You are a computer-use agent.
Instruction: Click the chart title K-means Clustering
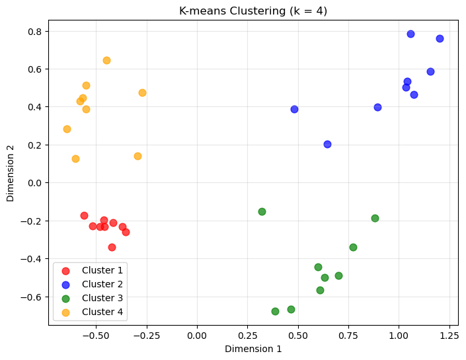[253, 11]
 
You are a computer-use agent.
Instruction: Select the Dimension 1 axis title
[253, 348]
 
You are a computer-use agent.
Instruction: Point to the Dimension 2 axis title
[11, 173]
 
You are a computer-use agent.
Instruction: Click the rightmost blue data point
[440, 38]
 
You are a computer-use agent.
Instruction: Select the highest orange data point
[106, 60]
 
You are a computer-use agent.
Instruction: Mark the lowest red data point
[112, 247]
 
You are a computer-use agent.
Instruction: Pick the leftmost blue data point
[294, 109]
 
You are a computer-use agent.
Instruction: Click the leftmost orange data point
[67, 129]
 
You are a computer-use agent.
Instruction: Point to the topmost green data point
[262, 211]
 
